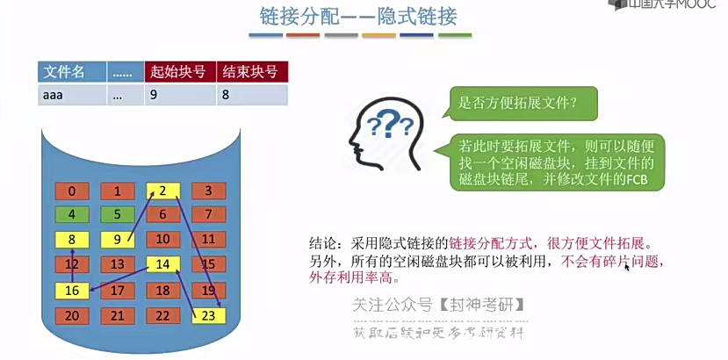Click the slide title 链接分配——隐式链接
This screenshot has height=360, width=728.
(359, 17)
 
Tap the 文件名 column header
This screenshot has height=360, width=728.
(72, 72)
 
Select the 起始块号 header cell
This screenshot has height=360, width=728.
(179, 72)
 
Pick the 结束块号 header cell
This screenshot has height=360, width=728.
(252, 72)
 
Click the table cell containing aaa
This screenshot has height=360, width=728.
(72, 95)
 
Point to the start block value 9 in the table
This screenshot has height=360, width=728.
(179, 95)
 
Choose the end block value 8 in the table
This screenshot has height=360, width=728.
(252, 95)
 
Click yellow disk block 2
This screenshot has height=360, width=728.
(162, 191)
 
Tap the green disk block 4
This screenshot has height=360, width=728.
(71, 214)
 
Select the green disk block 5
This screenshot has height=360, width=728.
(117, 214)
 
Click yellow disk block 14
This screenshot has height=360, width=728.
(162, 264)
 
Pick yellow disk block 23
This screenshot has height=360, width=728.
(208, 314)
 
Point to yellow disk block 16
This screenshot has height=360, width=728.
(71, 290)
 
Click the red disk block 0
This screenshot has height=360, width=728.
(71, 191)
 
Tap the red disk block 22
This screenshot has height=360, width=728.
(162, 314)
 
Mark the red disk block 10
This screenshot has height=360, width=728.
(162, 239)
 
